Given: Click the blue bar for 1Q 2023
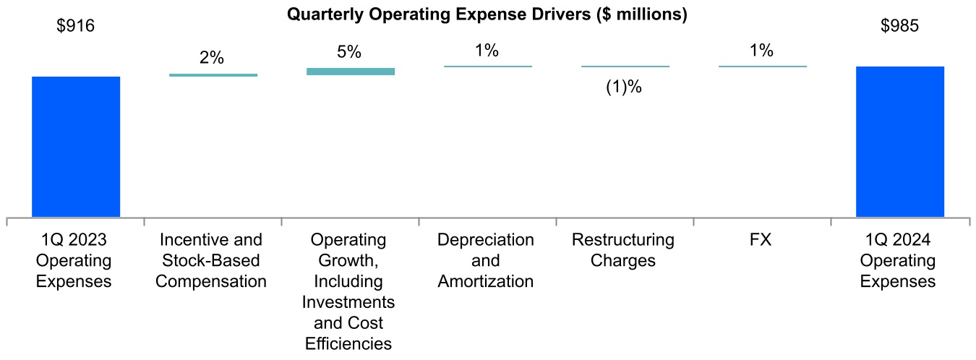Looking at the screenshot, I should coord(76,146).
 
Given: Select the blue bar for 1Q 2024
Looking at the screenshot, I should coord(899,142).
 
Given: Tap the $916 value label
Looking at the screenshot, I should coord(76,27).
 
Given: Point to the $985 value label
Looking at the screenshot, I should coord(899,27).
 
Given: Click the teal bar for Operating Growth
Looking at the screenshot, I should coord(351,72).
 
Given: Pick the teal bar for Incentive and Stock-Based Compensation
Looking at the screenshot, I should coord(213,74).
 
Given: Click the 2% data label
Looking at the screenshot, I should coord(212,58).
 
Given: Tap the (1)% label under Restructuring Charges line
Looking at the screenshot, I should coord(624,87).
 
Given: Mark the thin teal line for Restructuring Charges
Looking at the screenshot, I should coord(625,67).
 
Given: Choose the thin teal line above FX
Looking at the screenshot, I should coord(763,67).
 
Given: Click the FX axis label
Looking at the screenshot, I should coord(762,239).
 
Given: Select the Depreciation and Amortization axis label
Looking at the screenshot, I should coord(486,260).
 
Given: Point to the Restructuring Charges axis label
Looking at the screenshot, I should coord(622,249).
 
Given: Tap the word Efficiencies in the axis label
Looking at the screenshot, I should coord(348,343).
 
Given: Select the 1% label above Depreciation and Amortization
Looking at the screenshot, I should coord(487,51).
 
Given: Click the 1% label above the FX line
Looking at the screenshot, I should coord(761,51).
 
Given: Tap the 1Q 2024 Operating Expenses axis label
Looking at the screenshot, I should coord(898,260).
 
